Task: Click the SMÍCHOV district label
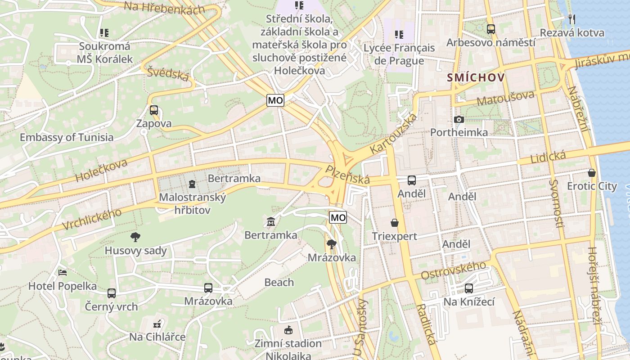coord(476,78)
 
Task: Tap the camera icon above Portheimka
coord(459,119)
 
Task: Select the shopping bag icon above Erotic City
coord(591,173)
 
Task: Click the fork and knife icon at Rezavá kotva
coord(571,19)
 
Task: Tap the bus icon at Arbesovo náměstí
coord(490,29)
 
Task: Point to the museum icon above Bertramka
coord(271,222)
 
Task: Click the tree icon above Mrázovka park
coord(332,244)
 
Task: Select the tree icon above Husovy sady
coord(135,237)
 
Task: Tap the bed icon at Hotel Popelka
coord(63,273)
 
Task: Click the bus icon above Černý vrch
coord(111,293)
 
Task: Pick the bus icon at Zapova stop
coord(154,110)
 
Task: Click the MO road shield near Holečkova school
coord(275,100)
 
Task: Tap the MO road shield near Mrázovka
coord(338,218)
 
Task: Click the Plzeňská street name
coord(348,175)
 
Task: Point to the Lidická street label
coord(548,157)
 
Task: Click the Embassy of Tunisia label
coord(67,137)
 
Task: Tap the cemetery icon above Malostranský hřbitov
coord(192,184)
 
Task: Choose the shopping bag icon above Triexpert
coord(395,223)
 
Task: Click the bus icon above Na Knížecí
coord(469,288)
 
